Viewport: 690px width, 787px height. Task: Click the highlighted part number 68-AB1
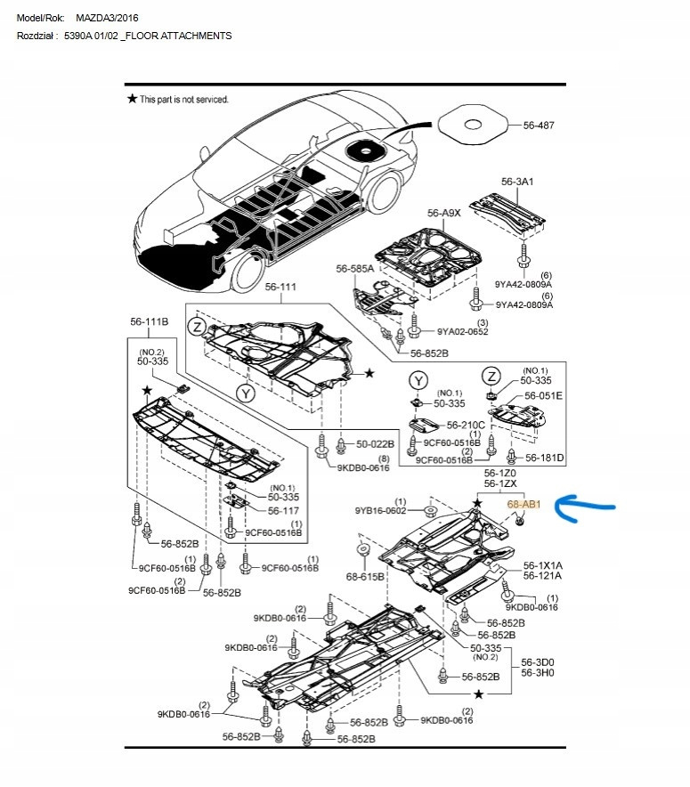click(524, 504)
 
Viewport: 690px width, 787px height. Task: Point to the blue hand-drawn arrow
click(585, 507)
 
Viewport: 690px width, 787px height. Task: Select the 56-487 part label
click(539, 126)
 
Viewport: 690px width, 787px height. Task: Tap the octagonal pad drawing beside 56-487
click(473, 125)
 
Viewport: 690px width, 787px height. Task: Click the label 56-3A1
click(517, 182)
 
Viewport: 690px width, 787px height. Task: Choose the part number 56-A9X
click(443, 213)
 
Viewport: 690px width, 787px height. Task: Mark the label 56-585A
click(354, 269)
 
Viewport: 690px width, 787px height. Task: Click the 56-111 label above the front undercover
click(280, 287)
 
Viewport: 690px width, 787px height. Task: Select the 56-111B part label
click(149, 321)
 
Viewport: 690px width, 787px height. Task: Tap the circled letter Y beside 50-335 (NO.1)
click(419, 380)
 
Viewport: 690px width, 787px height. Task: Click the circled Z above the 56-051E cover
click(491, 376)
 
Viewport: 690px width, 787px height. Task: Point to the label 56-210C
click(466, 426)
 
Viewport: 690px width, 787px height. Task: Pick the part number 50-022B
click(375, 444)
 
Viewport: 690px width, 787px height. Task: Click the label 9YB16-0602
click(380, 511)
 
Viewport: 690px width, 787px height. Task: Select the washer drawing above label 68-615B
click(363, 549)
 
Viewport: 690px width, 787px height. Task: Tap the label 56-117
click(283, 511)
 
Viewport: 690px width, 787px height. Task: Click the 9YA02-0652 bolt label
click(462, 331)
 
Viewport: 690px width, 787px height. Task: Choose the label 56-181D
click(545, 458)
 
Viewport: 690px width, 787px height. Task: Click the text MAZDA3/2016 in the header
click(107, 18)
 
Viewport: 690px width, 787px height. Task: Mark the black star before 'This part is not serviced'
click(132, 98)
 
